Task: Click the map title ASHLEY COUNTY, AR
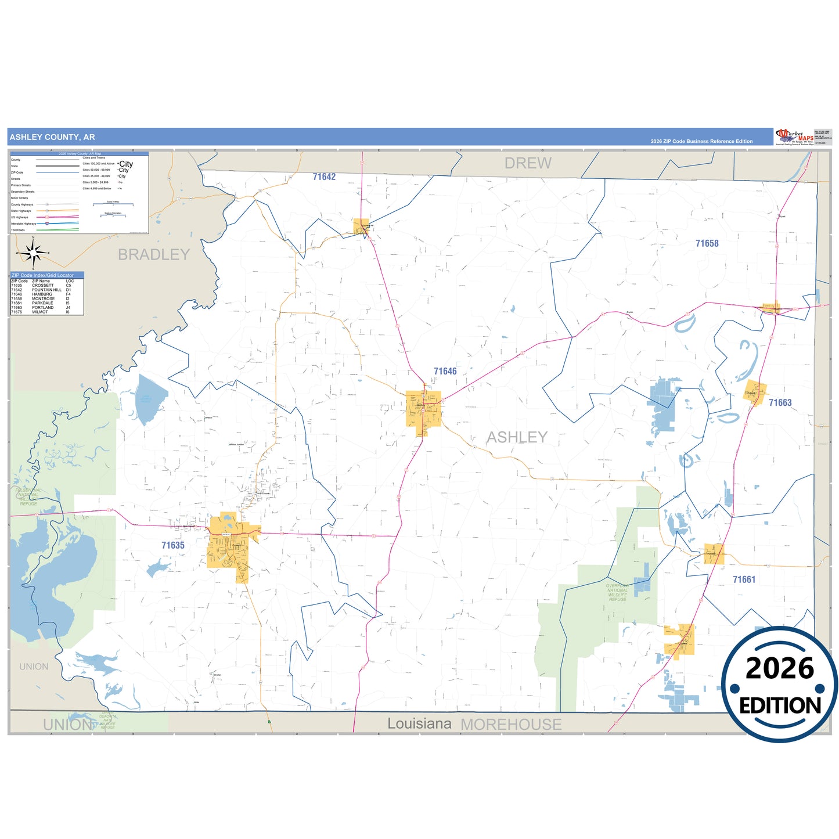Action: [x=52, y=137]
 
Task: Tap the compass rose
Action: [x=34, y=253]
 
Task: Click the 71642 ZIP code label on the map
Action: [x=324, y=177]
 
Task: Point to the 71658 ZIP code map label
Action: [x=707, y=244]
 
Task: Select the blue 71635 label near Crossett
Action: [x=173, y=545]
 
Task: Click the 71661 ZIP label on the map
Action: [x=744, y=579]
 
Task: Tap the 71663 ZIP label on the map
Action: [x=780, y=403]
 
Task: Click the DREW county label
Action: [x=527, y=164]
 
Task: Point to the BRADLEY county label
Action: [x=153, y=255]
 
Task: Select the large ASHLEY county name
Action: [x=517, y=437]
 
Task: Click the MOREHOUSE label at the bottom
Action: [x=511, y=725]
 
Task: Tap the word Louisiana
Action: [x=419, y=723]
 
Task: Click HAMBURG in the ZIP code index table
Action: [x=42, y=294]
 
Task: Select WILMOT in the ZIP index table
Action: [x=40, y=312]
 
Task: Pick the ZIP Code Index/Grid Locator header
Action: [x=43, y=275]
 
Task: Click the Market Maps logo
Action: [x=794, y=137]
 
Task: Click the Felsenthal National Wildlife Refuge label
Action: [x=28, y=497]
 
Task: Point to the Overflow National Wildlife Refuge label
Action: [x=617, y=592]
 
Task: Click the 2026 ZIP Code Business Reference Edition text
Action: [x=701, y=141]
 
